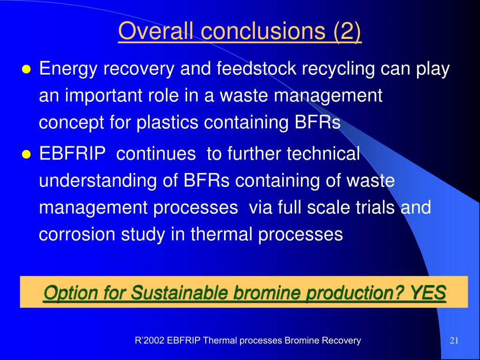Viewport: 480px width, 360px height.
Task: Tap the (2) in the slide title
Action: click(347, 31)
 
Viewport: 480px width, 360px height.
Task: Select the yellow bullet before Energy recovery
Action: click(27, 70)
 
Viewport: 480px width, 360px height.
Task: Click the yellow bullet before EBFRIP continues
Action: click(27, 154)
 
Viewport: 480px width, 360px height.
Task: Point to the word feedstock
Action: click(256, 68)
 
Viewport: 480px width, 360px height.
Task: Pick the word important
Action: click(104, 96)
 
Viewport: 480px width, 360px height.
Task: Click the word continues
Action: click(156, 154)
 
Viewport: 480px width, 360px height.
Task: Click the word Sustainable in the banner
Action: click(179, 293)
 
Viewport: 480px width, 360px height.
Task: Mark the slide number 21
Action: click(454, 341)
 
